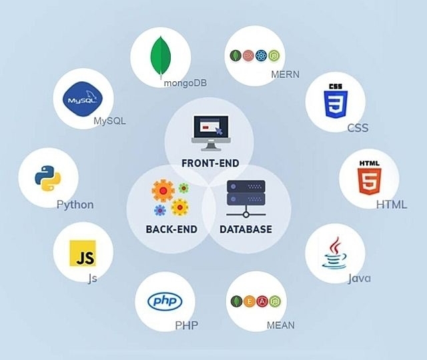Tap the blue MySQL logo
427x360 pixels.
[83, 99]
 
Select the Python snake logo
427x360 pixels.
[47, 178]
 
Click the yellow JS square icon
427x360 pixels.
[83, 253]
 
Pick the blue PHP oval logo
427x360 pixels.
[165, 301]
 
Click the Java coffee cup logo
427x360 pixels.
[334, 253]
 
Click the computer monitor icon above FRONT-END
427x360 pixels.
[211, 133]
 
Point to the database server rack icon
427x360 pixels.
[246, 199]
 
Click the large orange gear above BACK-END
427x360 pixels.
[163, 191]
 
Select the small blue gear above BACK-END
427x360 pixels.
[160, 211]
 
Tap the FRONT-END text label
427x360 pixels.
[211, 163]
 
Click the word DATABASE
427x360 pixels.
[246, 229]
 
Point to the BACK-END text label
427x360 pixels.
[171, 229]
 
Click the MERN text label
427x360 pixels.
[285, 74]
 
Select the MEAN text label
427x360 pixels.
[280, 325]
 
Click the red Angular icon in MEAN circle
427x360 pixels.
[262, 301]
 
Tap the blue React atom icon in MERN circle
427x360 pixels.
[261, 56]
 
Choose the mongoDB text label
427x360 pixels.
[185, 83]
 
